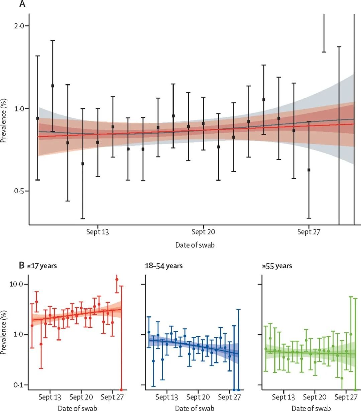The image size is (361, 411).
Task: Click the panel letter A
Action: click(x=22, y=4)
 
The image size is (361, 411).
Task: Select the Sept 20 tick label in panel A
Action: click(x=203, y=232)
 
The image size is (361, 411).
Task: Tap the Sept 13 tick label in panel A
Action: click(x=98, y=232)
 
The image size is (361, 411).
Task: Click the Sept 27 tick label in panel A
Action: click(x=309, y=232)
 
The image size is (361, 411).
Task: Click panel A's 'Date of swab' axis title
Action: click(x=195, y=245)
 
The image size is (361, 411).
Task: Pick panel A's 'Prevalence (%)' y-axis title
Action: click(x=4, y=121)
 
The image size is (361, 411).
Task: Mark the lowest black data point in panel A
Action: click(x=309, y=170)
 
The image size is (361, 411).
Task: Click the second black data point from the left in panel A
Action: click(x=52, y=86)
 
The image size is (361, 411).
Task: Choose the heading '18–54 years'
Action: click(x=164, y=266)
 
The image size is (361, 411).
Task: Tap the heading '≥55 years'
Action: click(x=277, y=266)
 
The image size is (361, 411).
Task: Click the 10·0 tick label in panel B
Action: click(x=16, y=284)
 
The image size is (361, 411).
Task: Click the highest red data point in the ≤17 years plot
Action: click(x=117, y=280)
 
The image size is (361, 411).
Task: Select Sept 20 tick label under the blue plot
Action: click(x=198, y=397)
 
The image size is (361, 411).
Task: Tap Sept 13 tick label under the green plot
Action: click(x=283, y=397)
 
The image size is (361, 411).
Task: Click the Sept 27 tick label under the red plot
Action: click(x=112, y=397)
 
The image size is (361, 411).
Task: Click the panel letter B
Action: click(x=22, y=266)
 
